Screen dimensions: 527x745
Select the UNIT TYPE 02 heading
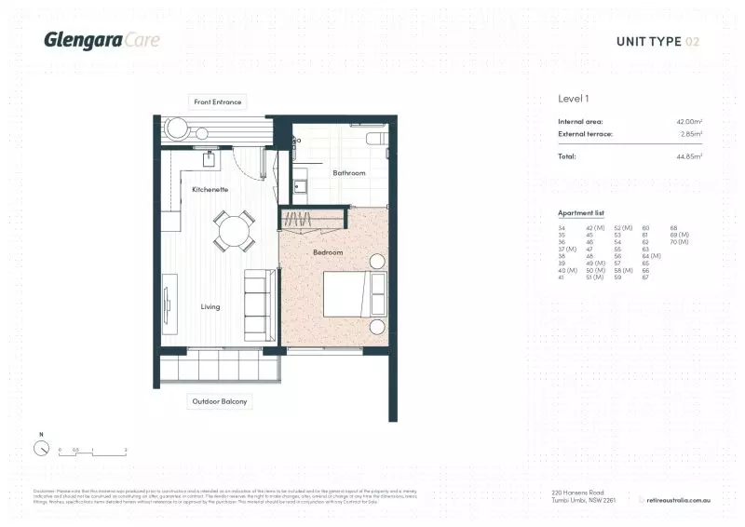coord(657,41)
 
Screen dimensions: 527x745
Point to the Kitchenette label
coord(210,189)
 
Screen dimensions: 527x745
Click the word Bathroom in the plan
coord(349,172)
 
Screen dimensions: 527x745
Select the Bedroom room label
coord(328,252)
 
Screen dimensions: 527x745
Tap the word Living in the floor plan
coord(210,306)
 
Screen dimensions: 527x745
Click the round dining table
coord(234,229)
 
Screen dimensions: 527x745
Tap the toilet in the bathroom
coord(374,141)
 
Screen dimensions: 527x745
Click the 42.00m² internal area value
coord(688,122)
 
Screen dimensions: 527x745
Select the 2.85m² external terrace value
coord(690,134)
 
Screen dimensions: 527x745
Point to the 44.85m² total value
coord(688,156)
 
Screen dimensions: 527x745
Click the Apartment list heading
coord(579,213)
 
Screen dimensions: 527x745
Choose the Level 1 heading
coord(573,98)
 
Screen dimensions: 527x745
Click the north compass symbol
coord(41,448)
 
